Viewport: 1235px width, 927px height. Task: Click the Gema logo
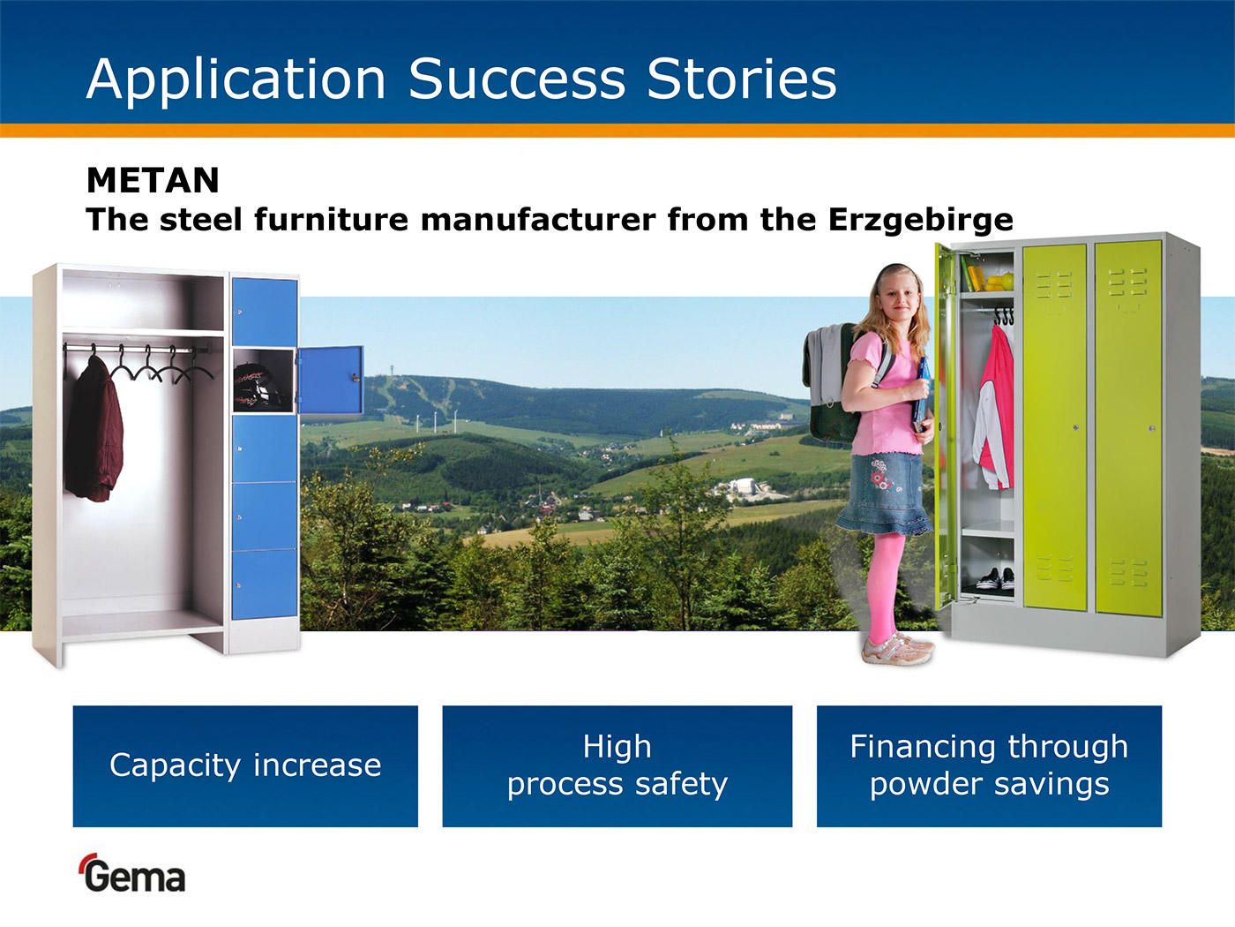(133, 873)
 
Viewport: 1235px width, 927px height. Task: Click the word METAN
(153, 180)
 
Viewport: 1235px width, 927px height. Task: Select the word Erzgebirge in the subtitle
(920, 220)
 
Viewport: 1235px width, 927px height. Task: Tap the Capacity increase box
(245, 766)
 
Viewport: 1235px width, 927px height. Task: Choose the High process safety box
(617, 766)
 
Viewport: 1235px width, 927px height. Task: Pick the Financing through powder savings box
(989, 766)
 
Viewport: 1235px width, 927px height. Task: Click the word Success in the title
(517, 79)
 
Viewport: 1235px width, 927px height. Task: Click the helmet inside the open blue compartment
(258, 385)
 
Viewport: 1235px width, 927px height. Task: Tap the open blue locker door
(330, 380)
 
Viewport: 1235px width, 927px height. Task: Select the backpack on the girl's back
(832, 383)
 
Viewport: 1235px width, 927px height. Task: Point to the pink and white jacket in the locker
(993, 408)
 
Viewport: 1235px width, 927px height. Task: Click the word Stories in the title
(742, 79)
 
